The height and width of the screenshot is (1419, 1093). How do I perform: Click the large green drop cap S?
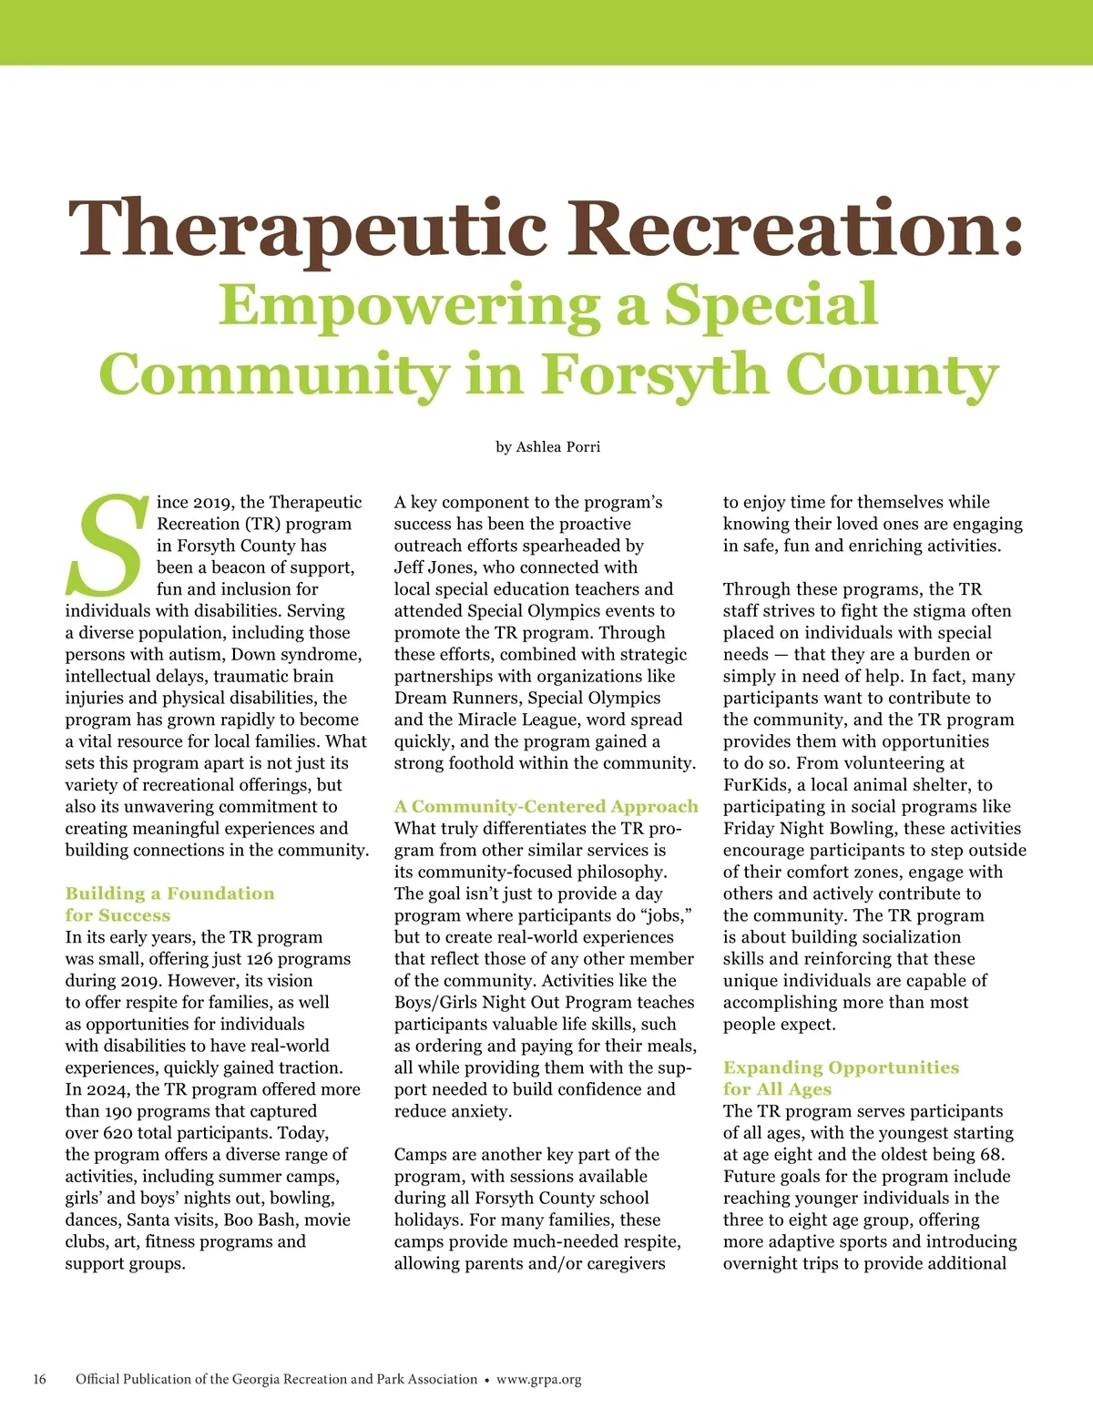click(x=107, y=546)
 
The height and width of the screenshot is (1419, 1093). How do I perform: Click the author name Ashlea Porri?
click(x=557, y=446)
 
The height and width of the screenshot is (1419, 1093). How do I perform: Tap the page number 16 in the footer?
click(x=40, y=1379)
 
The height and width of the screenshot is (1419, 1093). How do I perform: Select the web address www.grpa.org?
click(x=538, y=1379)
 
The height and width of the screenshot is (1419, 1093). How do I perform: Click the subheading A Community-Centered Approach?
click(x=546, y=806)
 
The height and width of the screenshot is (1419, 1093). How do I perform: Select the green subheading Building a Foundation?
click(x=169, y=893)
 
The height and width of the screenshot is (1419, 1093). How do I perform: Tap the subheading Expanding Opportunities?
click(x=841, y=1067)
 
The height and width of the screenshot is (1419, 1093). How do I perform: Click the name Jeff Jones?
click(x=434, y=567)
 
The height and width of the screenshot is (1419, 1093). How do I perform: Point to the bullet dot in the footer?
click(x=487, y=1380)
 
